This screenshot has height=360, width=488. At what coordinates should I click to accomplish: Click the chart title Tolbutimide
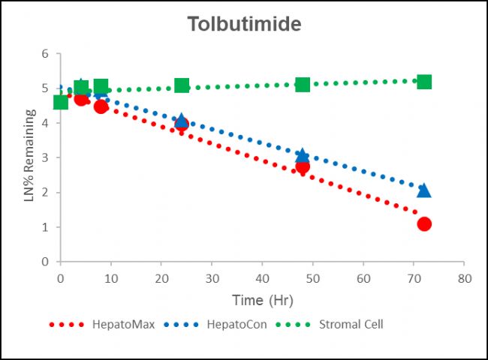click(244, 24)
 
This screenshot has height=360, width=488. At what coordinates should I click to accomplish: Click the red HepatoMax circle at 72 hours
click(424, 223)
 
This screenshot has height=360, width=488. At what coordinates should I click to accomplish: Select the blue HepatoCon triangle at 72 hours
click(424, 190)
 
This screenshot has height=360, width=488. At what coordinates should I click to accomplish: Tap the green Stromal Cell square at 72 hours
click(424, 81)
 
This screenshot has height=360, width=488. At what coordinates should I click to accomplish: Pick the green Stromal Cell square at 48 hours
click(303, 84)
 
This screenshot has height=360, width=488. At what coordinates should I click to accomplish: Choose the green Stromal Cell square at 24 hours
click(182, 85)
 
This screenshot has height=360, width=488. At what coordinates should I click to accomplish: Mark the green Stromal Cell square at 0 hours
click(61, 102)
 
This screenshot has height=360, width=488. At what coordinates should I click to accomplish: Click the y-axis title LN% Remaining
click(31, 157)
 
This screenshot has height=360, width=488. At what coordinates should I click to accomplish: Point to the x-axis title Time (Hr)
click(262, 300)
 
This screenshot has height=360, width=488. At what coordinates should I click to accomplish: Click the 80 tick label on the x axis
click(464, 277)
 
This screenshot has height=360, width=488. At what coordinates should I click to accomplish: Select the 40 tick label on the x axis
click(262, 277)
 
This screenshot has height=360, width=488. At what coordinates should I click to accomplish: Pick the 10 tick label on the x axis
click(111, 277)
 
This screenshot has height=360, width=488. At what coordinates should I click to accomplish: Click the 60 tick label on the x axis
click(363, 277)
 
